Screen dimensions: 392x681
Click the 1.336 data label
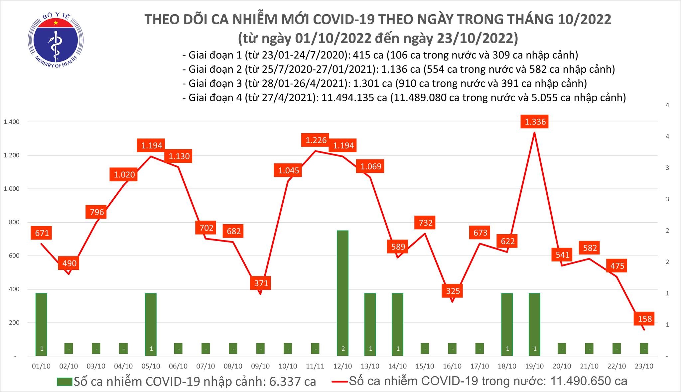pyautogui.click(x=535, y=122)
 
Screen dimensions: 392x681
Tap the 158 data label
pyautogui.click(x=645, y=319)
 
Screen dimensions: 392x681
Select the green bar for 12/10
pyautogui.click(x=343, y=292)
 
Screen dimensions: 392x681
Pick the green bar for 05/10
pyautogui.click(x=151, y=324)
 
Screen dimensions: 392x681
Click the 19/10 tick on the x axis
pyautogui.click(x=534, y=366)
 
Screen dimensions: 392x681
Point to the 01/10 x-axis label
pyautogui.click(x=41, y=366)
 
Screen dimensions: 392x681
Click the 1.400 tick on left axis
pyautogui.click(x=11, y=122)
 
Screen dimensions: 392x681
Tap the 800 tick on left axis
pyautogui.click(x=14, y=222)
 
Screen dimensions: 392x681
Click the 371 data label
pyautogui.click(x=261, y=283)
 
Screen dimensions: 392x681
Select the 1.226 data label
pyautogui.click(x=316, y=140)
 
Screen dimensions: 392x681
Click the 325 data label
pyautogui.click(x=453, y=291)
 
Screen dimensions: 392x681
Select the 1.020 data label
pyautogui.click(x=124, y=175)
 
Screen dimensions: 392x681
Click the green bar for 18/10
pyautogui.click(x=507, y=324)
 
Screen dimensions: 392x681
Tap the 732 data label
pyautogui.click(x=425, y=222)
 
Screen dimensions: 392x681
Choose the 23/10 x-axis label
pyautogui.click(x=644, y=366)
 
